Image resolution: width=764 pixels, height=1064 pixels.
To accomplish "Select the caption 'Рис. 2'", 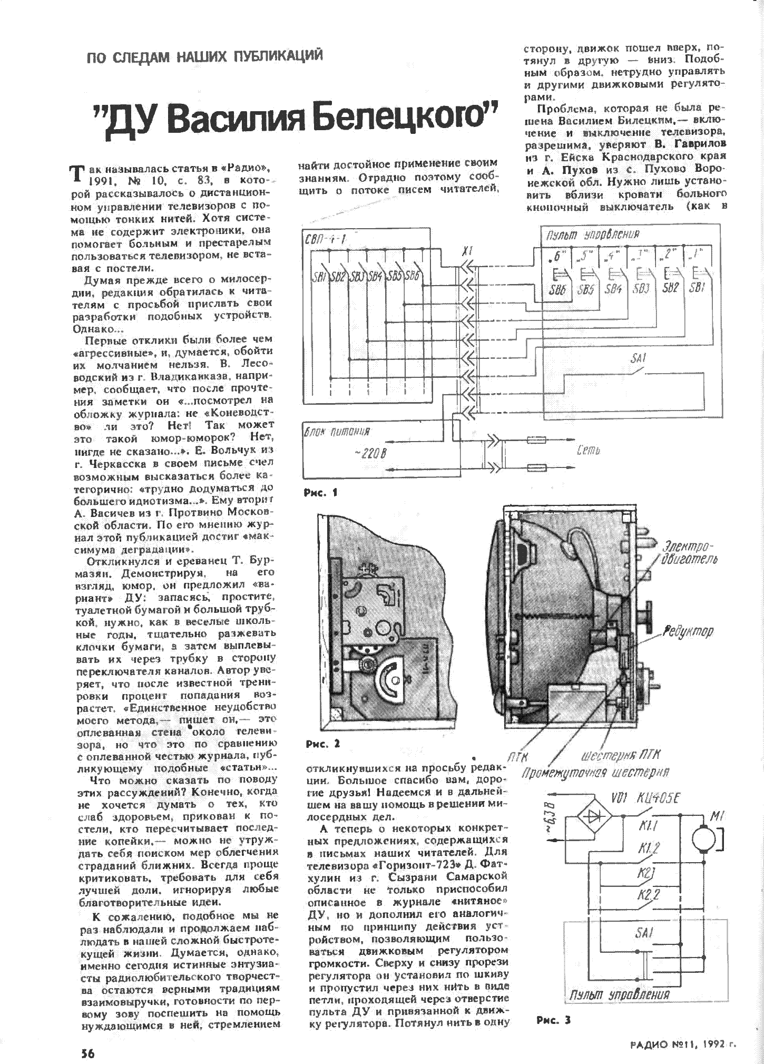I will click(322, 744).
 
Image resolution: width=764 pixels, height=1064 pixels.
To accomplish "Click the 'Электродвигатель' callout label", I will click(691, 552).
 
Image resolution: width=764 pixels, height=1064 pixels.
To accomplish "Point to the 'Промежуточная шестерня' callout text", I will click(595, 773).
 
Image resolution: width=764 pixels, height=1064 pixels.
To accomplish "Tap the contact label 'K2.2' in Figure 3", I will click(649, 894).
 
